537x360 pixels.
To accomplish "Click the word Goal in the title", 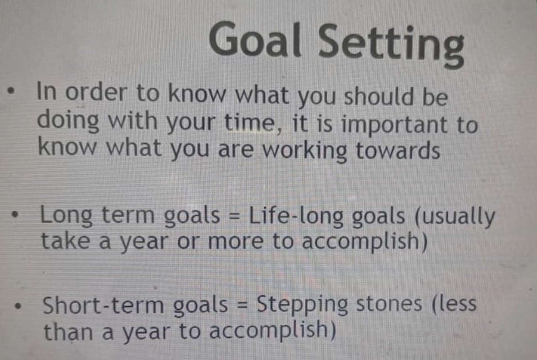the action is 255,39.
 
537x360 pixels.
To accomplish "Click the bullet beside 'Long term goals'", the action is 15,216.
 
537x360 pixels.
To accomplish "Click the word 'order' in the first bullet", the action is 96,92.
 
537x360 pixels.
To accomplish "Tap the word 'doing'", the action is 68,121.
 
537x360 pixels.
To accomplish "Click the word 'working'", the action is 304,151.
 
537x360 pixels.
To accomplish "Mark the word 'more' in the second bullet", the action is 236,242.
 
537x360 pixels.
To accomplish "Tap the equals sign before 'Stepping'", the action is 242,304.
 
